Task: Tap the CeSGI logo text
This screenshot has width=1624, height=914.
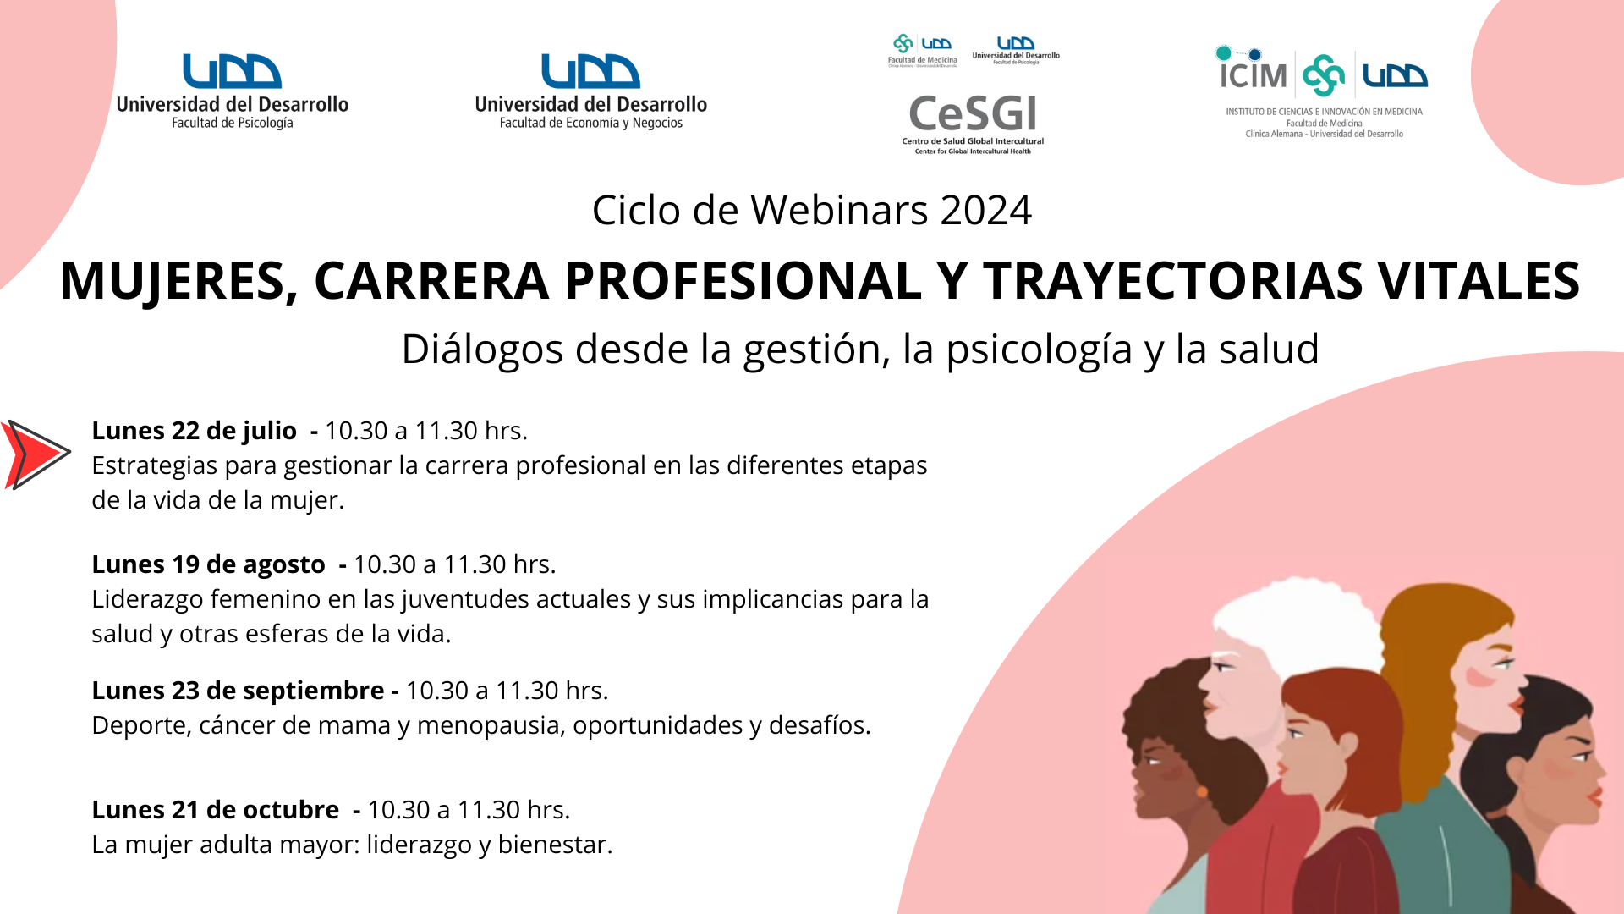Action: tap(973, 114)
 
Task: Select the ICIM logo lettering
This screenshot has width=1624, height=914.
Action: tap(1253, 75)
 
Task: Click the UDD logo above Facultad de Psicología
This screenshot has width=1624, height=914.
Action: tap(233, 72)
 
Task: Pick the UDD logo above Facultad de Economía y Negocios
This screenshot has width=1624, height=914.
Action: tap(590, 72)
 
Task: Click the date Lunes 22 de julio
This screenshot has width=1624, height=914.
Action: tap(194, 431)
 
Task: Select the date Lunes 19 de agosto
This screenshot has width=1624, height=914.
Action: tap(208, 564)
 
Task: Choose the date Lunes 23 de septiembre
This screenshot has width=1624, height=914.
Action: tap(238, 691)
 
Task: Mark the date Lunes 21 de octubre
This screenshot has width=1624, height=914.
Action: tap(215, 810)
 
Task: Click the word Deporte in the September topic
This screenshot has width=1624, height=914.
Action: tap(141, 726)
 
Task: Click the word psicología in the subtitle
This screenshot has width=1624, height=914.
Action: tap(1039, 350)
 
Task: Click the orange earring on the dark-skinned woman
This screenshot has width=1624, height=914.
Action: tap(1202, 792)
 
